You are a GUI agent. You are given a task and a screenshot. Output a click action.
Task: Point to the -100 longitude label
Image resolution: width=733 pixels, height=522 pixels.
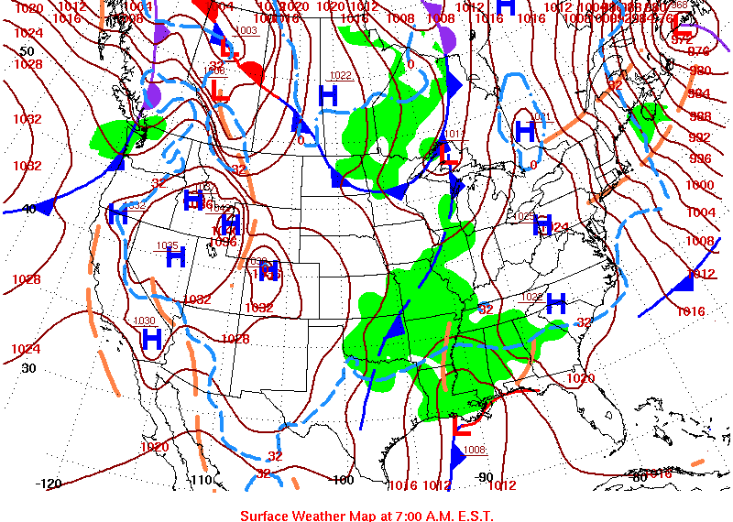(x=341, y=480)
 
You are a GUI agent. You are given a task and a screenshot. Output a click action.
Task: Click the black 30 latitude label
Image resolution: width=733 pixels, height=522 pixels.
(x=28, y=368)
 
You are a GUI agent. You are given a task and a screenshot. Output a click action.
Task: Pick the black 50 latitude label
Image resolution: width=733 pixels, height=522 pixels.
(x=27, y=51)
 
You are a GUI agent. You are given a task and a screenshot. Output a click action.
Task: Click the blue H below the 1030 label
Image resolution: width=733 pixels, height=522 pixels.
(x=152, y=339)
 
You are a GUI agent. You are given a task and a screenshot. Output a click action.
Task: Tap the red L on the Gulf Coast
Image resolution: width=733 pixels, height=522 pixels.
(x=464, y=425)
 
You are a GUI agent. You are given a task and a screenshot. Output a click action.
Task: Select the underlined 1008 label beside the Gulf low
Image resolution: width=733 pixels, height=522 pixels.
(x=476, y=450)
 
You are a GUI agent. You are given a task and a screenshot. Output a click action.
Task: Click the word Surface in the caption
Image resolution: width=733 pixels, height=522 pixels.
(x=266, y=516)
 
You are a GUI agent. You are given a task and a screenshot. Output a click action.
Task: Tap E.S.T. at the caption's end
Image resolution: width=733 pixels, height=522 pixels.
(x=474, y=516)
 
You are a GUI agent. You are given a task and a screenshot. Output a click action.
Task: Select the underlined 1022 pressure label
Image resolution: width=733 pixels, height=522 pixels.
(x=341, y=75)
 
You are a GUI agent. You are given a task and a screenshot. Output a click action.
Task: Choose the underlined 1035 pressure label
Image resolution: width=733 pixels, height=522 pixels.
(x=168, y=245)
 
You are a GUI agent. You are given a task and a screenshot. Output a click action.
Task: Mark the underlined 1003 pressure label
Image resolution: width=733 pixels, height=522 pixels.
(x=246, y=31)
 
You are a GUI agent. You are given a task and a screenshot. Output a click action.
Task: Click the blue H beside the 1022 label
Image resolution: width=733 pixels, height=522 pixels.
(x=328, y=93)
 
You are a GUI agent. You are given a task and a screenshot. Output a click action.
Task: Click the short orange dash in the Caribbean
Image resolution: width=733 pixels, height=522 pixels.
(x=697, y=462)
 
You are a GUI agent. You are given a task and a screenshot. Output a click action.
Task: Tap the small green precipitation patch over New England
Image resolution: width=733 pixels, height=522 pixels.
(x=647, y=114)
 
